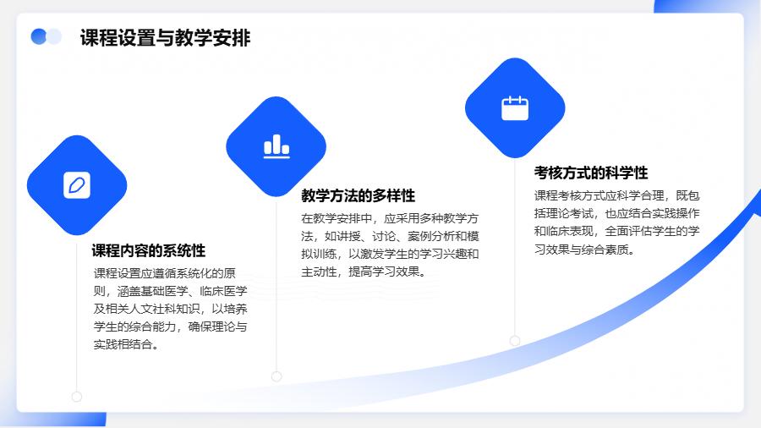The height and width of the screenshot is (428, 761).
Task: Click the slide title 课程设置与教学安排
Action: click(165, 38)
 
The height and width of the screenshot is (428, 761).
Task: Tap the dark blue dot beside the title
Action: click(38, 36)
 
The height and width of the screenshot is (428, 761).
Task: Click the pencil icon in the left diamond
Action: click(77, 185)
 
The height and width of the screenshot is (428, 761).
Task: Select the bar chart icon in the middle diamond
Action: click(276, 146)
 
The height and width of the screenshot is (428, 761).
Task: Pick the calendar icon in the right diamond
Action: click(515, 107)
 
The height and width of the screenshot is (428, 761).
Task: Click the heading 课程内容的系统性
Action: click(149, 250)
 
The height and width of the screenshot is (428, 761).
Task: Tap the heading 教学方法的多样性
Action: click(359, 195)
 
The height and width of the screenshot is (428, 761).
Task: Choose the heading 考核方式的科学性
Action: click(591, 173)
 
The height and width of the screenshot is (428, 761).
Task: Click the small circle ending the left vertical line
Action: click(77, 397)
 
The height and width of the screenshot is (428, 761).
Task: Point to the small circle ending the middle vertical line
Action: click(276, 376)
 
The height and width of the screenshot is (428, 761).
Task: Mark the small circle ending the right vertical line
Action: click(515, 341)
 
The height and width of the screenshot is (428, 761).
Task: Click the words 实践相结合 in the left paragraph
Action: click(123, 344)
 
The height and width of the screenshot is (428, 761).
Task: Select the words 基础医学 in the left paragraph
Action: click(165, 291)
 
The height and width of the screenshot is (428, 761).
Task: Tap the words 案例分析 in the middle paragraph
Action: click(431, 236)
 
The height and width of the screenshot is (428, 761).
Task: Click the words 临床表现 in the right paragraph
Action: click(570, 232)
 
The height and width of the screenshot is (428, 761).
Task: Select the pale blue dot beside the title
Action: click(54, 36)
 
